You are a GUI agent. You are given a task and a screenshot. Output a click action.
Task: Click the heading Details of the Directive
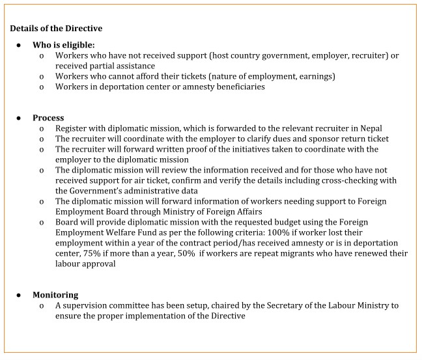56,29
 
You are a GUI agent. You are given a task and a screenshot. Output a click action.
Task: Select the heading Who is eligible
63,45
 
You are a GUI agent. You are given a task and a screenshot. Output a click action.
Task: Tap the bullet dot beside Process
19,118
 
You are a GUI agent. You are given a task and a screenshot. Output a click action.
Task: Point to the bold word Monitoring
55,295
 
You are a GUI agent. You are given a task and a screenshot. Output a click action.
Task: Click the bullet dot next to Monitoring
19,295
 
